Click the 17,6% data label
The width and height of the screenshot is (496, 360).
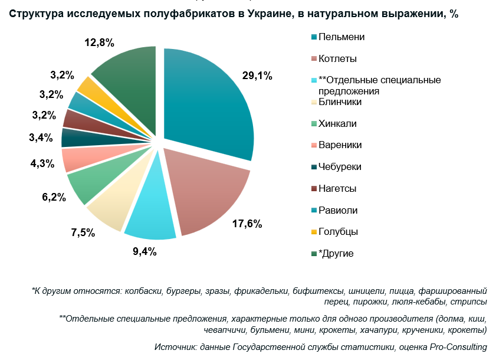[x=247, y=224]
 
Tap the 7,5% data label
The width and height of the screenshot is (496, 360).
[x=83, y=233]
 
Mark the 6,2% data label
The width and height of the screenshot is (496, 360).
[x=53, y=197]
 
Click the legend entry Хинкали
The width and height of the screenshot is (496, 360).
[x=337, y=123]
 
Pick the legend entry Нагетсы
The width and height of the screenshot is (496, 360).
[x=337, y=189]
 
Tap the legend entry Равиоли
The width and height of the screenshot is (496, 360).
[x=338, y=210]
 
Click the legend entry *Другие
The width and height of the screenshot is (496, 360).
[x=336, y=254]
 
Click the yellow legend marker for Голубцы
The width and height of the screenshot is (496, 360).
[x=314, y=232]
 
